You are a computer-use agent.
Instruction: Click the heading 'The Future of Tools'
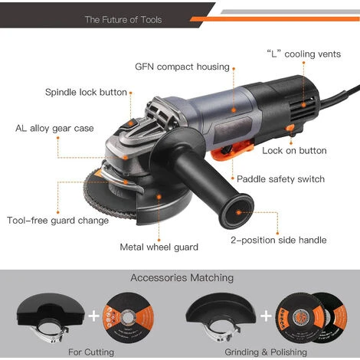tap(123, 19)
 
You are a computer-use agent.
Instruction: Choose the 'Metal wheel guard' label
tap(159, 247)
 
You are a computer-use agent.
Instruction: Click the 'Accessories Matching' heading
tap(182, 278)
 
